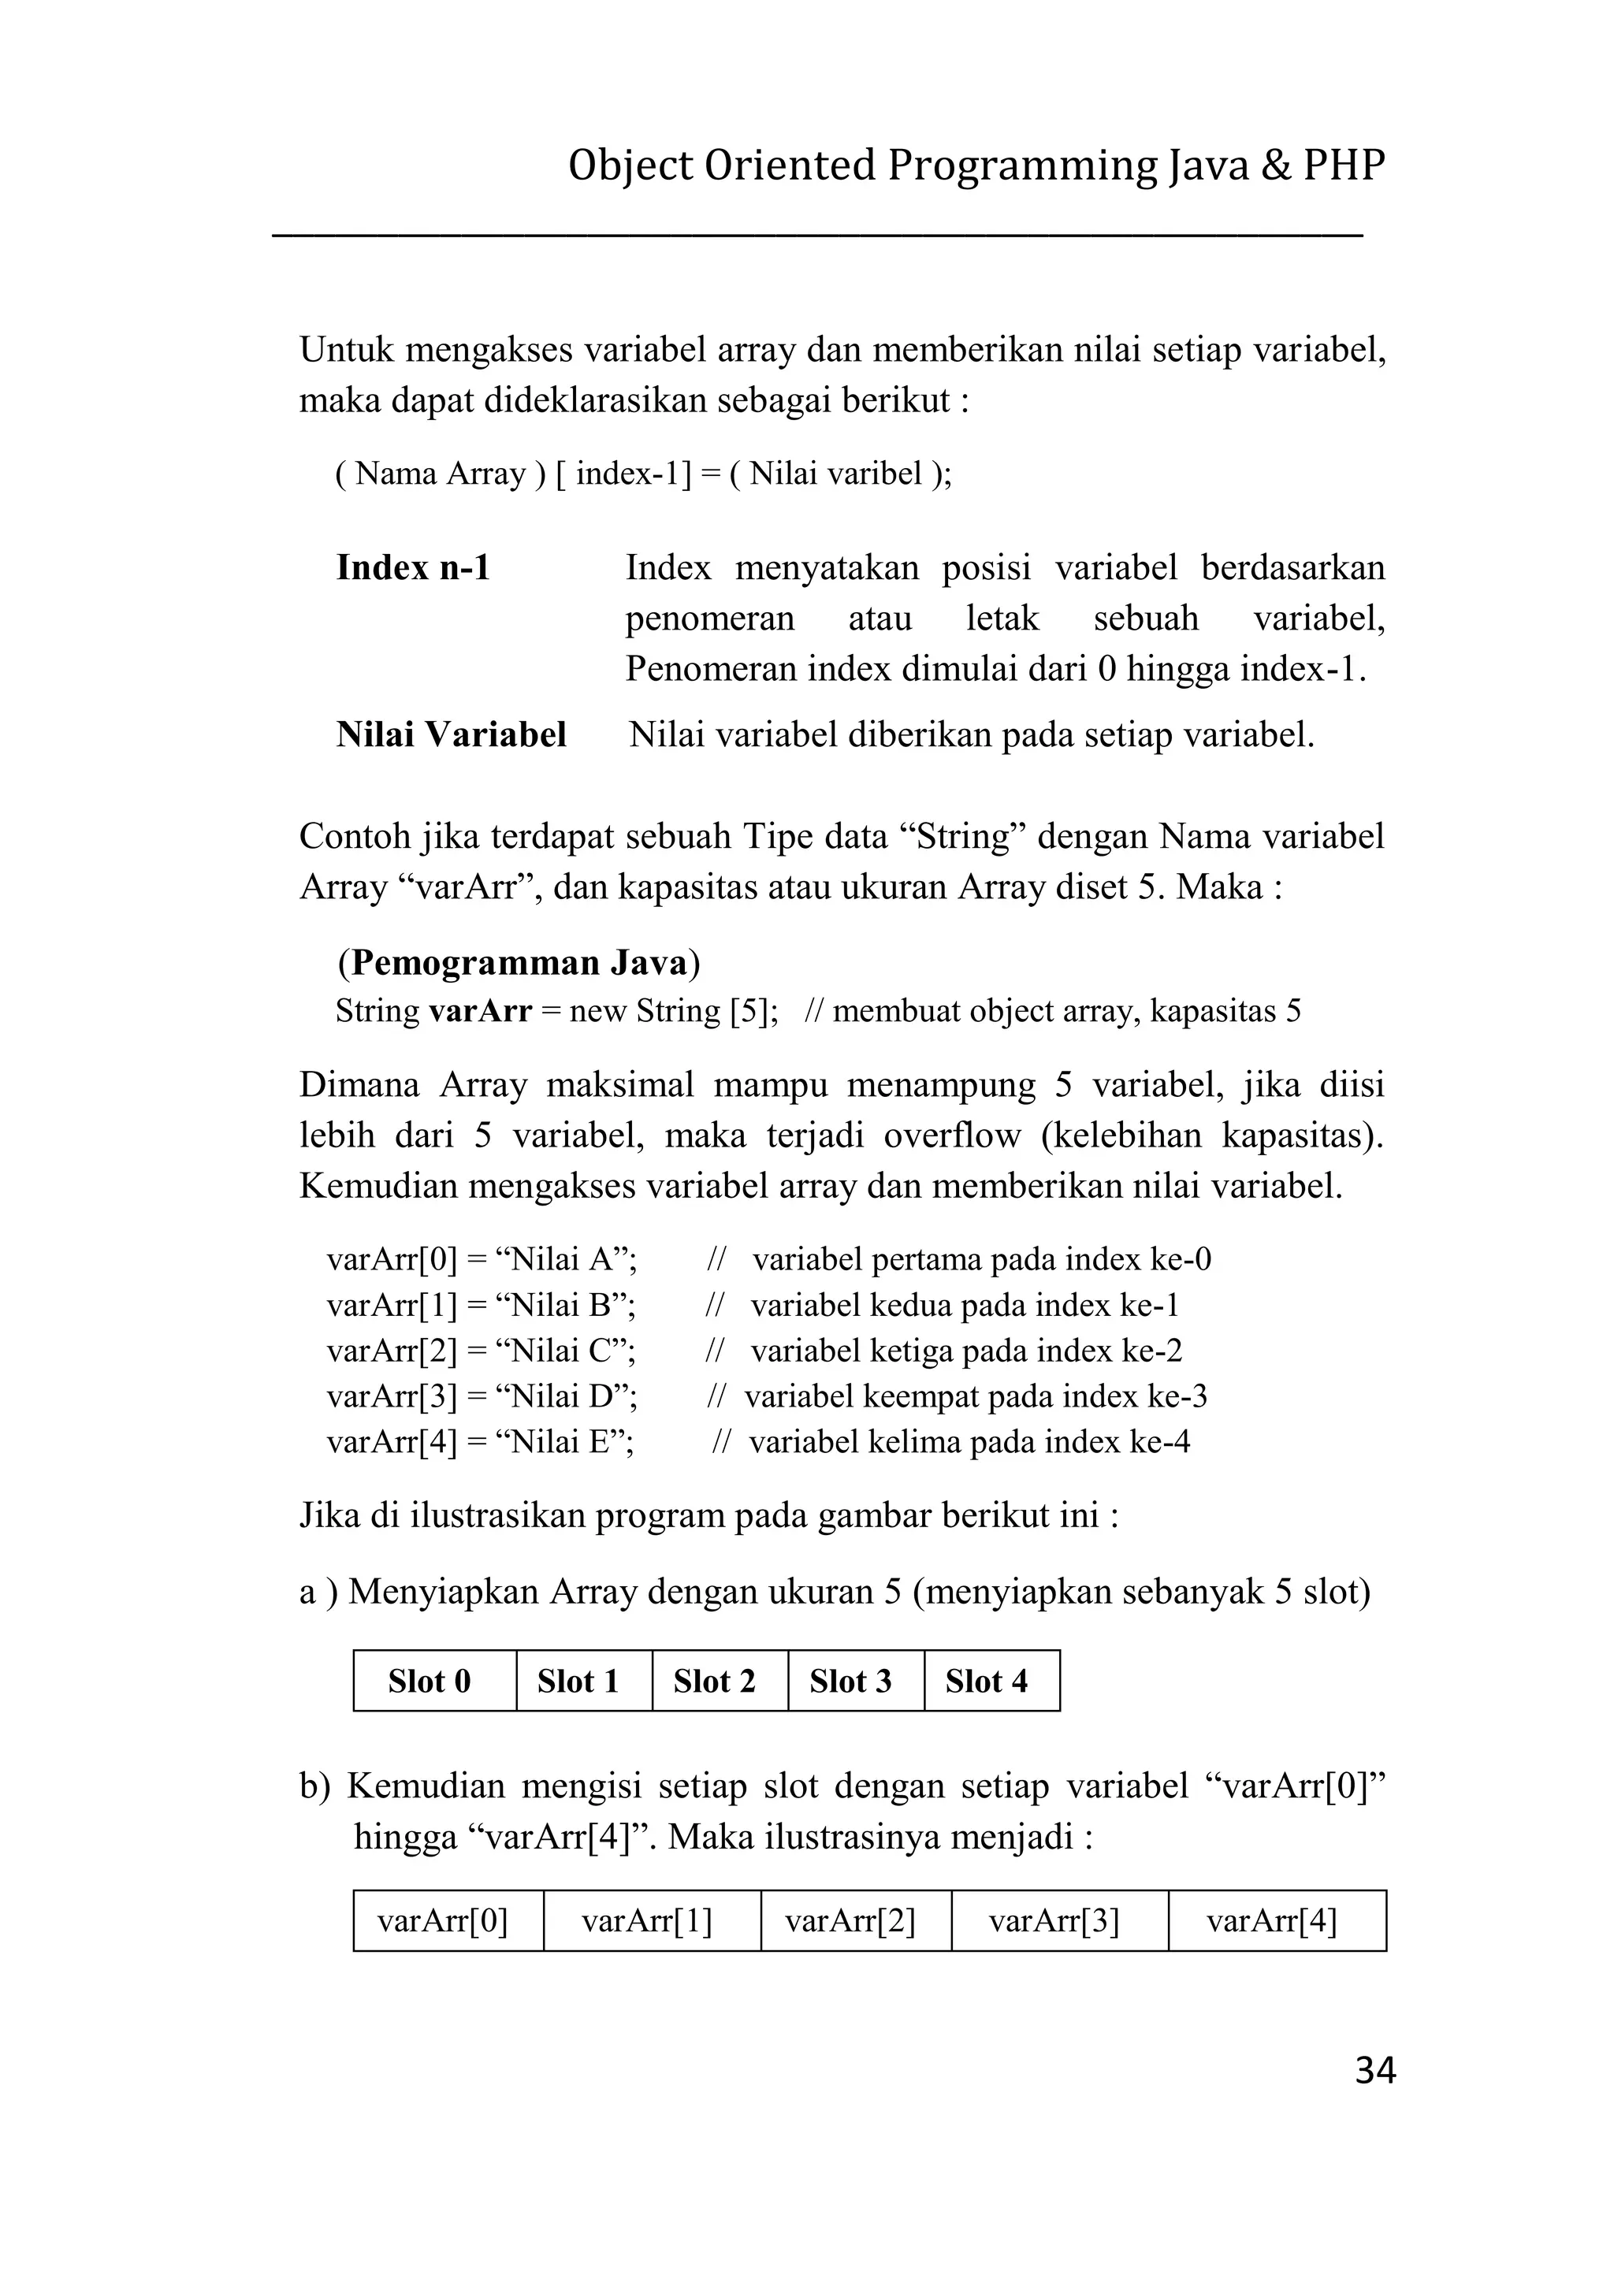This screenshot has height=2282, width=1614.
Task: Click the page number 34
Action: [x=1374, y=2070]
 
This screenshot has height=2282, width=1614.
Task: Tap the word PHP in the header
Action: [x=1344, y=165]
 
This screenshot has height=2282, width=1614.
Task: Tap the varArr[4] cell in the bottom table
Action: [x=1276, y=1921]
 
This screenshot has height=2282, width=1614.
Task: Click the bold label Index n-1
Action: [x=414, y=567]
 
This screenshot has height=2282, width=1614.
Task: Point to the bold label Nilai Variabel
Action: [x=452, y=734]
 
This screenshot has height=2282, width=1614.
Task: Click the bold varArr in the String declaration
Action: [x=480, y=1011]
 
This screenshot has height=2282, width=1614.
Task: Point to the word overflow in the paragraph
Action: [x=952, y=1135]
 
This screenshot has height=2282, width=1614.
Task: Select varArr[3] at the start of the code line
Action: [x=392, y=1396]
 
